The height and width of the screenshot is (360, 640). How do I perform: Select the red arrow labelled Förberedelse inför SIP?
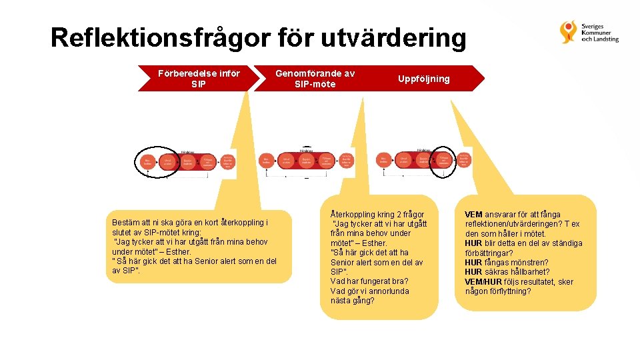point(199,79)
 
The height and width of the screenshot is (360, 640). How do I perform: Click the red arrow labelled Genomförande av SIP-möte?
point(315,79)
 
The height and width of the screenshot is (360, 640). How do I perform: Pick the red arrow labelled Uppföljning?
point(424,79)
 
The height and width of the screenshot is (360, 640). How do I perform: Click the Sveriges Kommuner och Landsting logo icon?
point(569,31)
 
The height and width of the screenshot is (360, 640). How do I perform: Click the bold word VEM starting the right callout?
point(474,215)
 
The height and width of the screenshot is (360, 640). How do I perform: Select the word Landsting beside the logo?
point(603,39)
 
